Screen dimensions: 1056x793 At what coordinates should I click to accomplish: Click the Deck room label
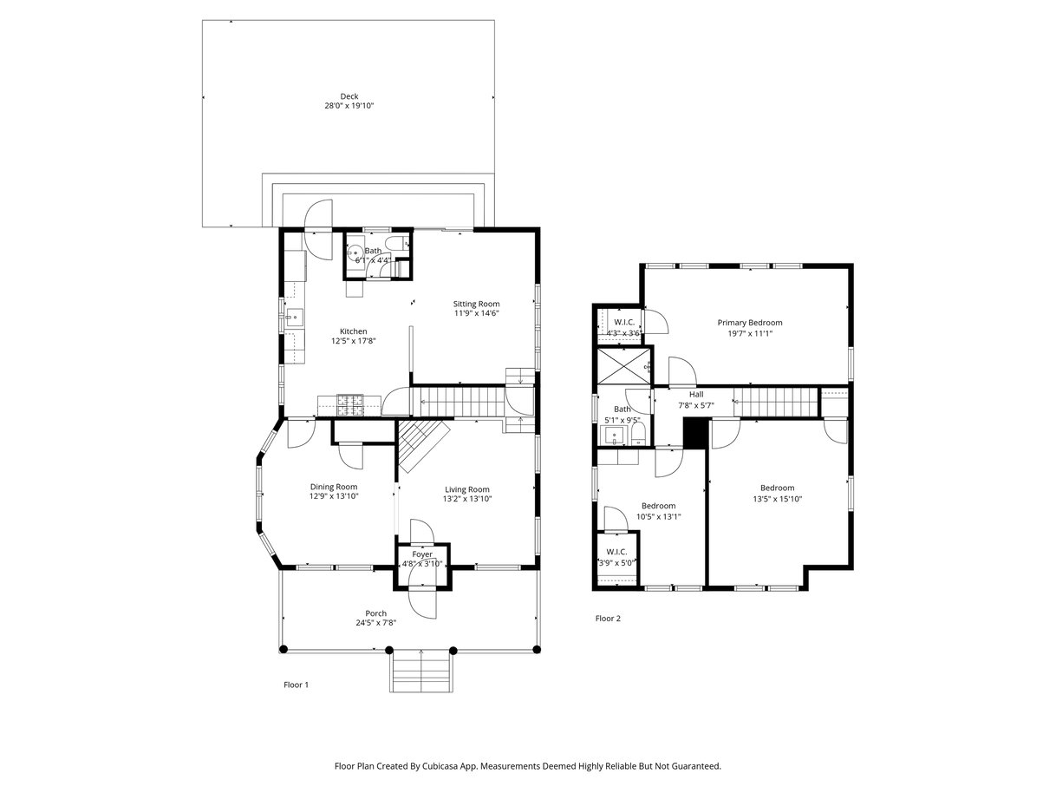click(349, 96)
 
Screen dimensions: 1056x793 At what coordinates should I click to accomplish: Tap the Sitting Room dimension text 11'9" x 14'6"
click(476, 313)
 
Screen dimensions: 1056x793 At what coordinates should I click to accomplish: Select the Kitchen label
click(353, 331)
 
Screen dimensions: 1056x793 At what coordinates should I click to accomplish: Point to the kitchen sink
click(293, 318)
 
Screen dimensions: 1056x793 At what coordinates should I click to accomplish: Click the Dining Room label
click(334, 487)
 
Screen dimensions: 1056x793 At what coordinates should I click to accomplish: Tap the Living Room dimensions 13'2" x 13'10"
click(466, 499)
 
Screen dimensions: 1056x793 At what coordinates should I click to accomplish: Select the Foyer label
click(422, 554)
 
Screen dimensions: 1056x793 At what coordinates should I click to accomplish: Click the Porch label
click(375, 613)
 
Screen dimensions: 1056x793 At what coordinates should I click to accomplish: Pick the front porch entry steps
click(421, 671)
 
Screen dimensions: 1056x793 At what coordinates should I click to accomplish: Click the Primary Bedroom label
click(750, 323)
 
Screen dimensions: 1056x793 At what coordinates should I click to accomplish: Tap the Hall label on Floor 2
click(695, 395)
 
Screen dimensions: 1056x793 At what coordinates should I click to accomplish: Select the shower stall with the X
click(623, 366)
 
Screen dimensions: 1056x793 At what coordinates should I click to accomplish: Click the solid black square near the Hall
click(694, 433)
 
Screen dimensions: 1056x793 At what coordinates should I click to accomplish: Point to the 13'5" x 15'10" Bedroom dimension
click(777, 499)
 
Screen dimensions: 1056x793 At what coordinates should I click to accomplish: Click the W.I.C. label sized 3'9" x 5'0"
click(616, 552)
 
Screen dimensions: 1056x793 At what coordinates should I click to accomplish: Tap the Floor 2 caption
click(608, 619)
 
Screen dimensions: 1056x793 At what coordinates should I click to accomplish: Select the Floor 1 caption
click(296, 685)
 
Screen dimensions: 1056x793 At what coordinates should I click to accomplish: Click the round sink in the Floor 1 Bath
click(355, 252)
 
